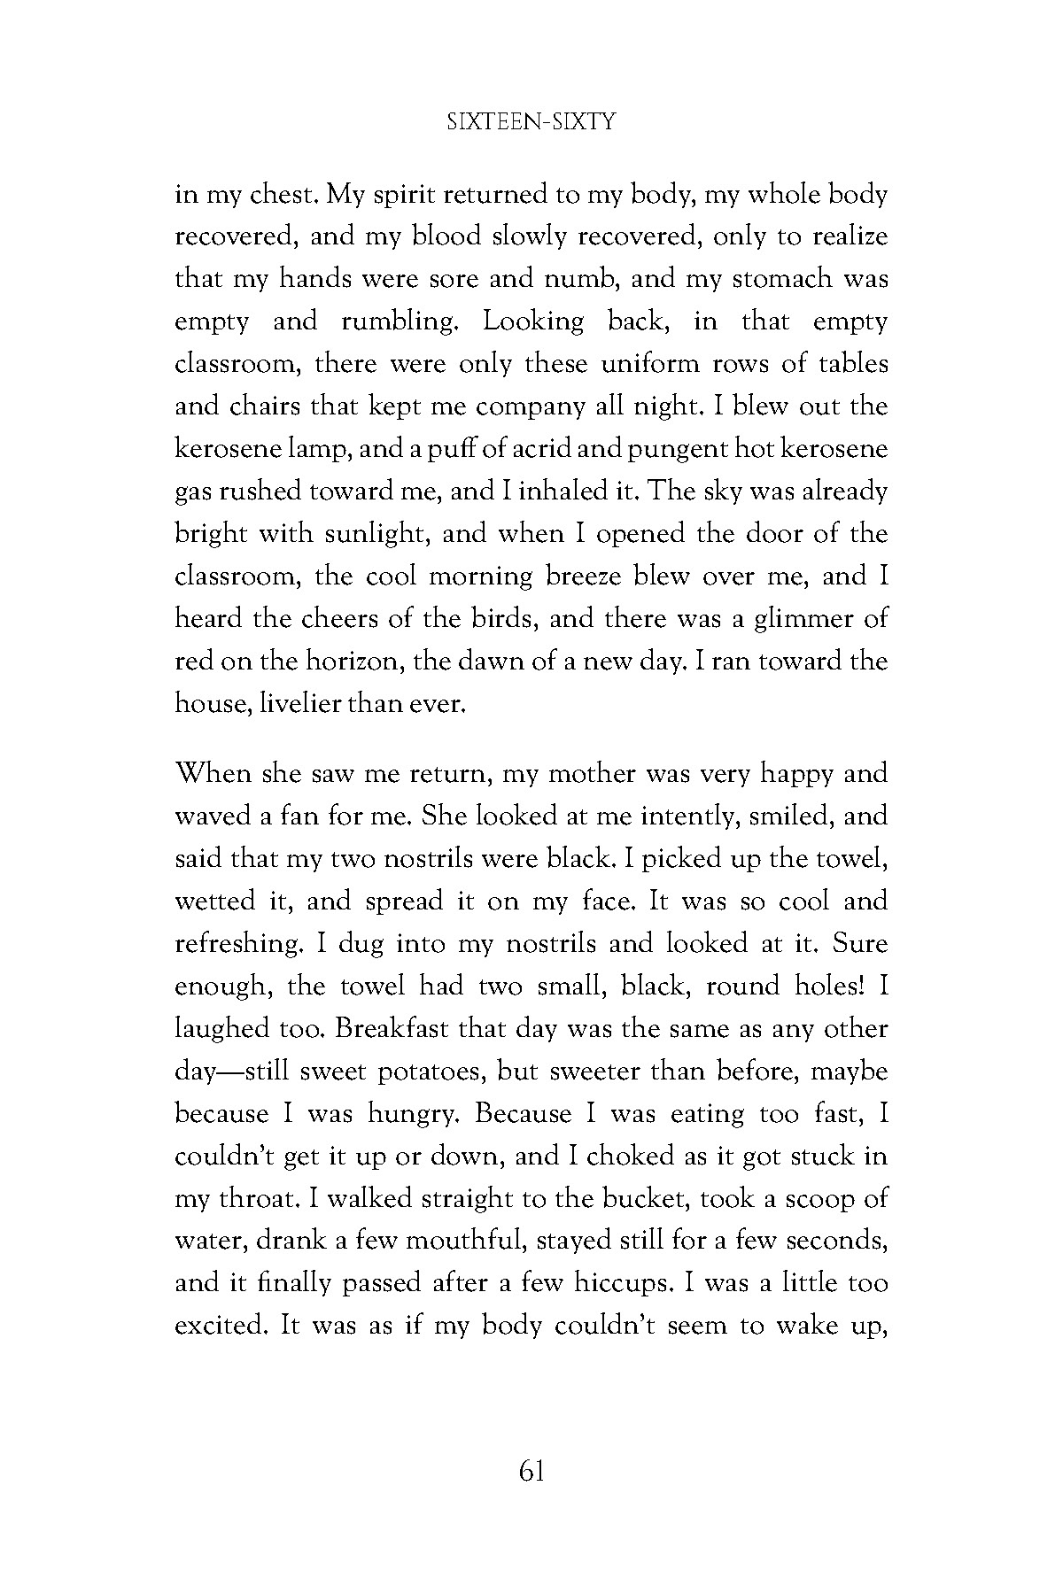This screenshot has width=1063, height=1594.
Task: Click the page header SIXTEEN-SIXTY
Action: (x=531, y=122)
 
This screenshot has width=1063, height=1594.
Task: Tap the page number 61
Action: (x=531, y=1472)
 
